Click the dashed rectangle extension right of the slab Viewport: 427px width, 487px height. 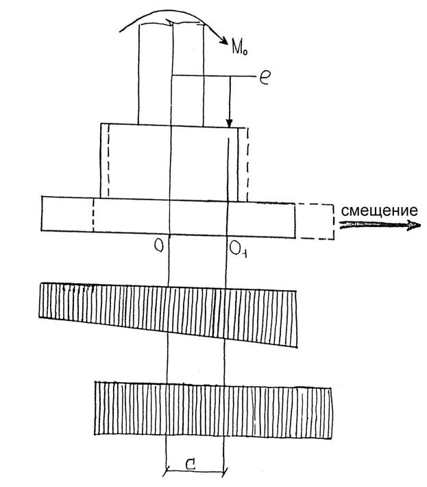click(315, 220)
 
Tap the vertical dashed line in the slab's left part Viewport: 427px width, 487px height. click(93, 215)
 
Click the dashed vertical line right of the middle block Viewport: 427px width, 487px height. click(247, 161)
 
